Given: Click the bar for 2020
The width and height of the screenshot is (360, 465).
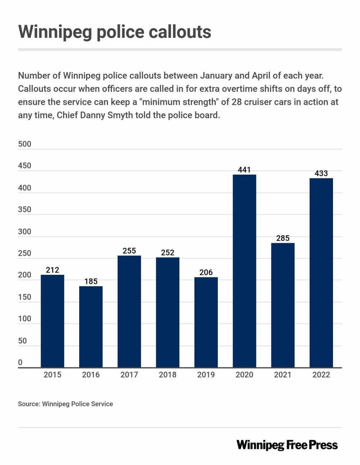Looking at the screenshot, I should coord(244,271).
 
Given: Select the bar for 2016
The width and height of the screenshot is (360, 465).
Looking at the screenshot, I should coord(91,327).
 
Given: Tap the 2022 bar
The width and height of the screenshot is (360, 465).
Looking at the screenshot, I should coord(321,273).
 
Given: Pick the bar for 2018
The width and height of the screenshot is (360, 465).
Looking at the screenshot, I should coord(167,312).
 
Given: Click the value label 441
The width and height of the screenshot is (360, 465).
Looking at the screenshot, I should coord(244,170).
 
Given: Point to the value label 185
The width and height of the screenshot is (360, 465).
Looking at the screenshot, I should coord(91,281).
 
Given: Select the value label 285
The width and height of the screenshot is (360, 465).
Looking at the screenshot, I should coord(283,238).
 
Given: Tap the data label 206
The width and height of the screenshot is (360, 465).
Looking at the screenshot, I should coord(206,272).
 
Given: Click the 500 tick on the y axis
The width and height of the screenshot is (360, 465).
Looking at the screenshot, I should coord(24,144).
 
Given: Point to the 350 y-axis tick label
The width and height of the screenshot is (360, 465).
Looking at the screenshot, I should coord(24,210).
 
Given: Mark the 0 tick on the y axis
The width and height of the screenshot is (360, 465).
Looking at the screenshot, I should coord(20,362).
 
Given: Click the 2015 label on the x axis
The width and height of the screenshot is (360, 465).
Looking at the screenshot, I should coord(53,375).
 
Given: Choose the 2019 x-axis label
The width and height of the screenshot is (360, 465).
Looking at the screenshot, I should coord(206,375).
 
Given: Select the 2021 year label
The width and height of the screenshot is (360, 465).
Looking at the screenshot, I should coord(283,375).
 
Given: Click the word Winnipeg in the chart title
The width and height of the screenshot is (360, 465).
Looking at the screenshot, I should coord(54,32).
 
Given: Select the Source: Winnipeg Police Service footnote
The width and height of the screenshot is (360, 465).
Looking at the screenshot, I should coord(66,404).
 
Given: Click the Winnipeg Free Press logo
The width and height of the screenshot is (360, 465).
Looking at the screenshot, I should coord(287,445).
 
